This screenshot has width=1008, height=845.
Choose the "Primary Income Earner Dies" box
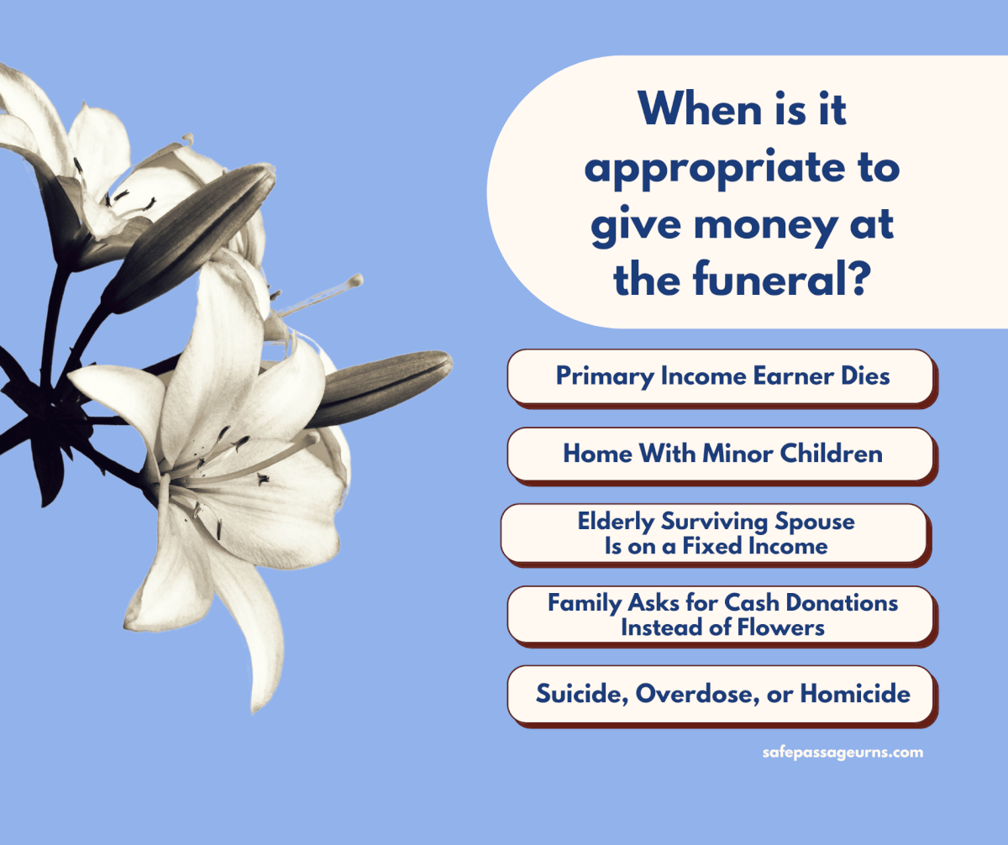click(x=721, y=375)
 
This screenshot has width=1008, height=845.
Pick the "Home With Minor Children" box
click(x=721, y=454)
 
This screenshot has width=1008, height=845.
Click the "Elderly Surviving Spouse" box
click(x=715, y=533)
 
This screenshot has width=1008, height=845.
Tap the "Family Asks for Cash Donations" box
click(x=721, y=615)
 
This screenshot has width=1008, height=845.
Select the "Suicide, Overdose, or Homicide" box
click(x=721, y=694)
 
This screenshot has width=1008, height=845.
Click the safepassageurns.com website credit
click(x=842, y=753)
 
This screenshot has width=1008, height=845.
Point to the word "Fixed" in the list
click(x=704, y=546)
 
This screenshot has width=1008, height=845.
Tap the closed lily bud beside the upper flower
click(x=197, y=227)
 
